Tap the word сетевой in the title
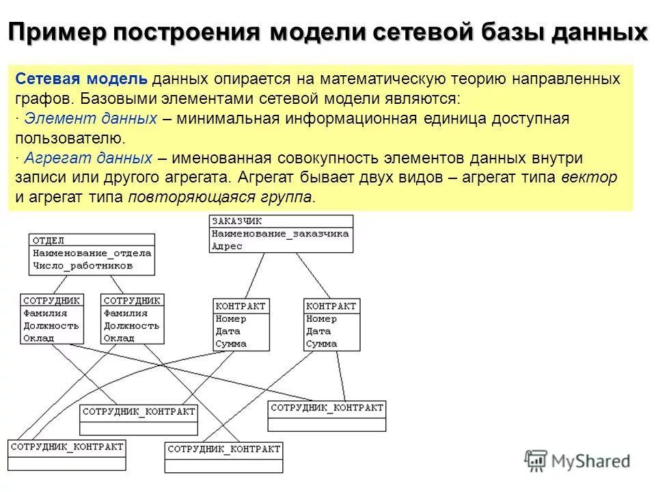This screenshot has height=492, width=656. click(433, 32)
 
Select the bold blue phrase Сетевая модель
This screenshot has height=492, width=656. click(81, 79)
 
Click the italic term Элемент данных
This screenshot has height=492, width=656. click(90, 119)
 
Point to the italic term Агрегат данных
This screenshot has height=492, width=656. click(88, 159)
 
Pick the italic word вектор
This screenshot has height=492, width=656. click(589, 178)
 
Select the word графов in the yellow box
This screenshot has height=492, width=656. click(38, 98)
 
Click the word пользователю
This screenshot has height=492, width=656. click(70, 139)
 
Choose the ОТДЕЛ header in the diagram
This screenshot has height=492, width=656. click(49, 241)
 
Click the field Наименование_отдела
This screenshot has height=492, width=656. click(92, 253)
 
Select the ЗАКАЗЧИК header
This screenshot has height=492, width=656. click(236, 221)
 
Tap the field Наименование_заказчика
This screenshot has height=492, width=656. click(280, 234)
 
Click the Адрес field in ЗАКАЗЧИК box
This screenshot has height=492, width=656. click(227, 246)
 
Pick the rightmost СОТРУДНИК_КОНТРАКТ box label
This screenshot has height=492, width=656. click(327, 408)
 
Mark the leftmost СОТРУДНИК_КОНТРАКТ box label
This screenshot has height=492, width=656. click(67, 447)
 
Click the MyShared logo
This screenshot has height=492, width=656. click(577, 460)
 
